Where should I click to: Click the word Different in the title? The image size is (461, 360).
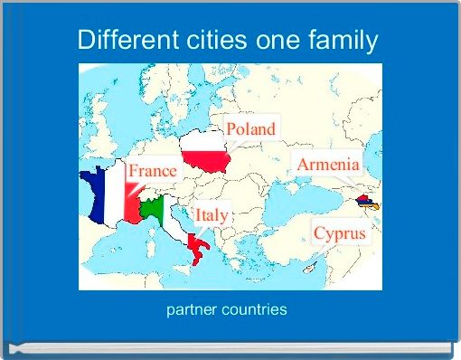pos(121,41)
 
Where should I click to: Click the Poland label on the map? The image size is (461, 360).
pos(250,129)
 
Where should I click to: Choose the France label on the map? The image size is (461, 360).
pos(152,171)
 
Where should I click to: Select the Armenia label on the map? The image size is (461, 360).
pos(328,165)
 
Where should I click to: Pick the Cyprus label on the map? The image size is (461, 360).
pos(340,233)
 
